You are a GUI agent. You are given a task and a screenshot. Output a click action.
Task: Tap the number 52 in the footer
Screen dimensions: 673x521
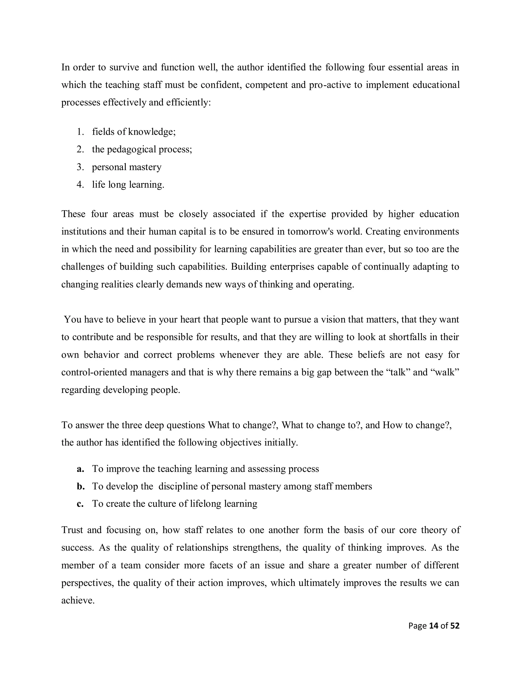tap(455, 626)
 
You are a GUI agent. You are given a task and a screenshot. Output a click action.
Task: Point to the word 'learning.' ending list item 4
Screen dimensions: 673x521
tap(146, 185)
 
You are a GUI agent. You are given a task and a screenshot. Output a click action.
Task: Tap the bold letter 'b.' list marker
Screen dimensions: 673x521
tap(81, 486)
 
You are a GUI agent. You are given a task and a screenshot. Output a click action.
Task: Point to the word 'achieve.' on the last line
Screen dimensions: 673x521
tap(78, 600)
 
